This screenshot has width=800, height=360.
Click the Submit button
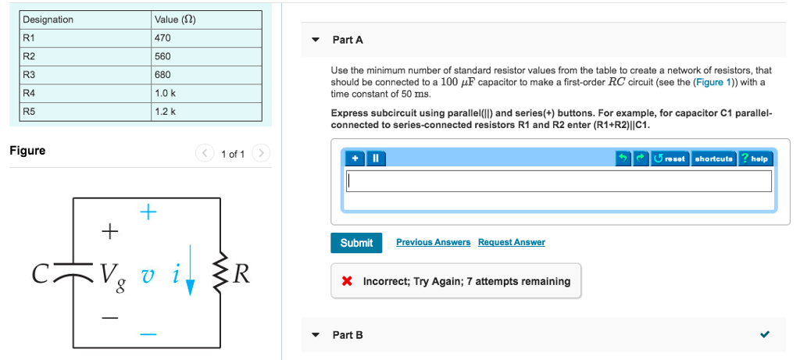[x=356, y=243]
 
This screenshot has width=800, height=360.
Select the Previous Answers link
[x=433, y=242]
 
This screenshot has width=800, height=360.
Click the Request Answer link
[x=511, y=242]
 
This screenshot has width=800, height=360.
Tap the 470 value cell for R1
[x=207, y=37]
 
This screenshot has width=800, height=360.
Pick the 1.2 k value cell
[x=207, y=112]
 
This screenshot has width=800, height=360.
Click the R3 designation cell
[x=85, y=75]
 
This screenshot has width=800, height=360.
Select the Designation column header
[x=85, y=20]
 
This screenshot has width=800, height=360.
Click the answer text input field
[x=559, y=181]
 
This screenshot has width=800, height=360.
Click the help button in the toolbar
[x=755, y=159]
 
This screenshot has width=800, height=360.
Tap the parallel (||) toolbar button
[x=375, y=159]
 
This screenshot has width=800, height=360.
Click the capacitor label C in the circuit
[x=41, y=274]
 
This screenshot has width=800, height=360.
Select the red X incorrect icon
[x=347, y=281]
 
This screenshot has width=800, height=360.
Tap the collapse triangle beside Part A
[x=315, y=40]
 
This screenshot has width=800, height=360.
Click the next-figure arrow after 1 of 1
[x=262, y=153]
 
